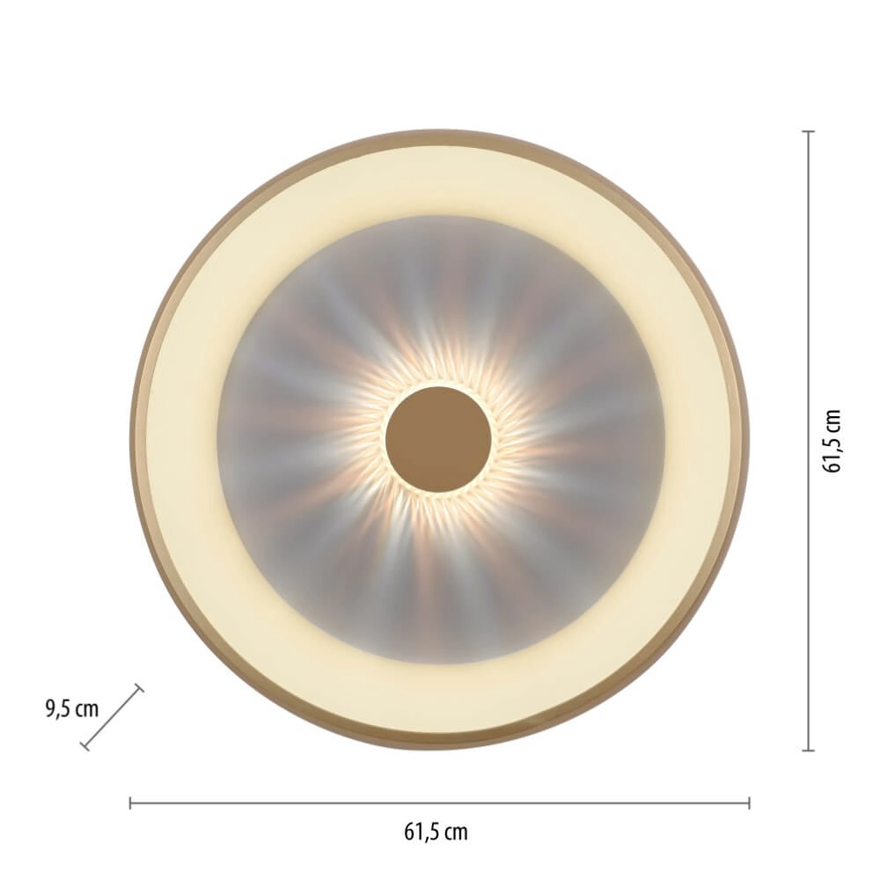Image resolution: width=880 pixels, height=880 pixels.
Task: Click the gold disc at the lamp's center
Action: coord(437,438)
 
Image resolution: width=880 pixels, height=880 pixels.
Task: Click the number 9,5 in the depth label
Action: coord(57,709)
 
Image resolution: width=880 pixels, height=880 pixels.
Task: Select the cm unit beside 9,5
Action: coord(86,709)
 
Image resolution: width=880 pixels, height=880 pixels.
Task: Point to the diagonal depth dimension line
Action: coord(112,717)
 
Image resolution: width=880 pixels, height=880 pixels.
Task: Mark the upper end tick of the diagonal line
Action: coord(138,688)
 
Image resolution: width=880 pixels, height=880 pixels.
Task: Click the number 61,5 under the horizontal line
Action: coord(422,831)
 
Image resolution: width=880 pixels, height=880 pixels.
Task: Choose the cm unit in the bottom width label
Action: coord(456,831)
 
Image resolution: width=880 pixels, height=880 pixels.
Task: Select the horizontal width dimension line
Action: coord(440,803)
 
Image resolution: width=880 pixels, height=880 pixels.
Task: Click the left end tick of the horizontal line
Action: coord(130,803)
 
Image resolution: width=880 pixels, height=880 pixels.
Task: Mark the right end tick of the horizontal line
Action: coord(749,803)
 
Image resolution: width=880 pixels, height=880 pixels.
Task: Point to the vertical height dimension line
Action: coord(809,440)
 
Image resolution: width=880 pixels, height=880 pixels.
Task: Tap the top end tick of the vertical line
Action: coord(809,131)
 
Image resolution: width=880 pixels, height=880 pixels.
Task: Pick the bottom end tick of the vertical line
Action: coord(809,750)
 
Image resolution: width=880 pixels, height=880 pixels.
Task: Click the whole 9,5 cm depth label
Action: coord(71,709)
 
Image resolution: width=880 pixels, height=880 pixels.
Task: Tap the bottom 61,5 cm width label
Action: coord(436,831)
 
